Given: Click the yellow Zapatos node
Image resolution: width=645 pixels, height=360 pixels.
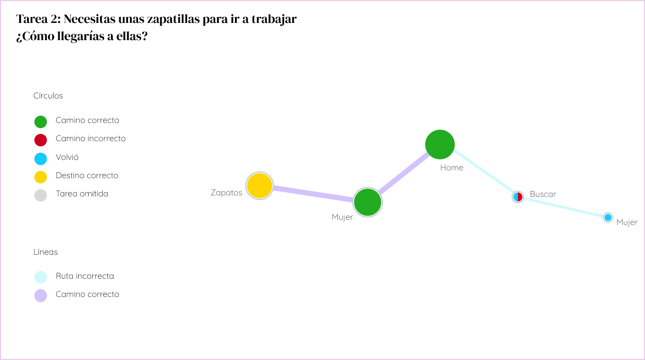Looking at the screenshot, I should tap(259, 185).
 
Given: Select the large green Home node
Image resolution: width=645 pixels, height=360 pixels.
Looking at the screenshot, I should tap(440, 144).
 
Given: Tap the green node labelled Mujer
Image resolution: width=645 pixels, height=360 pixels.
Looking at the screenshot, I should tap(368, 202).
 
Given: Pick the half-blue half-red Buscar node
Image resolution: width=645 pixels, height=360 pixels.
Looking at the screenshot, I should tap(517, 197).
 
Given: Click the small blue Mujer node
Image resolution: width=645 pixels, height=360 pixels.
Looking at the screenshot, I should tap(608, 217).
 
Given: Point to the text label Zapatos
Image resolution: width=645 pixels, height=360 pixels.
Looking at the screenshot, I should tap(226, 193).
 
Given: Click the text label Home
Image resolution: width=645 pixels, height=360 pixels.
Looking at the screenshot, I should tap(451, 168).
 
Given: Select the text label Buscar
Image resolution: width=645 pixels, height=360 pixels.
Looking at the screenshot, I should tap(543, 194).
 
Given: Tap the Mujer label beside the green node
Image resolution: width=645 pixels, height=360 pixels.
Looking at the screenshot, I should tap(342, 217).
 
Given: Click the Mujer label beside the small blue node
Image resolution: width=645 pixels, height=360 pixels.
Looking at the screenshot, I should tap(627, 222).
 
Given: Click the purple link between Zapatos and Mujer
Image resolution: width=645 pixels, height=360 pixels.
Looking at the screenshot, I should tap(313, 193).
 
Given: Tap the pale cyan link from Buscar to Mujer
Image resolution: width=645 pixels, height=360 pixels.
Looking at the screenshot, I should tap(563, 207).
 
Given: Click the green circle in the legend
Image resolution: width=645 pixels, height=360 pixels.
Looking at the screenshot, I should tap(41, 122).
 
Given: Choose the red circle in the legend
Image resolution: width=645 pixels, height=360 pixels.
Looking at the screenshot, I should tap(41, 140).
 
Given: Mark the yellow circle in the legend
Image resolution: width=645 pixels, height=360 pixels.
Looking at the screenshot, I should tap(41, 177).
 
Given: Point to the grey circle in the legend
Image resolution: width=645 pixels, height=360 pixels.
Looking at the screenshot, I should tap(41, 195).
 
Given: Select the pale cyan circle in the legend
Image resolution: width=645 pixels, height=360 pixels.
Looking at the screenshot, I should tap(41, 277).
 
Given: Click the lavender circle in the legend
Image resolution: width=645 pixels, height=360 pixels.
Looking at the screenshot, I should tap(41, 295).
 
